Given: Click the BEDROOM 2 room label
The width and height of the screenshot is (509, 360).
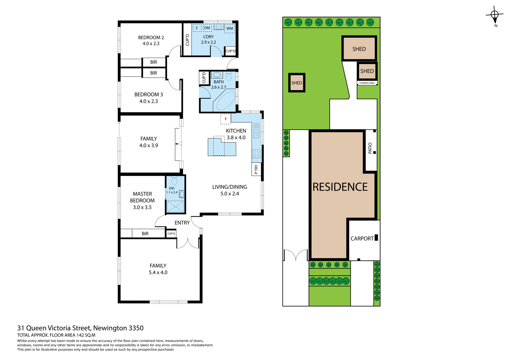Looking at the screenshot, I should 151,38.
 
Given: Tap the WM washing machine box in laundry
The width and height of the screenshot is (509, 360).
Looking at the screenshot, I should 230,28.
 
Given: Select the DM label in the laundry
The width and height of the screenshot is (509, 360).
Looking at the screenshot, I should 207,28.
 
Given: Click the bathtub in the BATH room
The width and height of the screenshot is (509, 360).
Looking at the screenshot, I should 225,101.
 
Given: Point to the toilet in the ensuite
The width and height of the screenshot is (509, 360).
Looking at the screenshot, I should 174,181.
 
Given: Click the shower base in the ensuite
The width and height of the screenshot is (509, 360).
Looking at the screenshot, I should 175,207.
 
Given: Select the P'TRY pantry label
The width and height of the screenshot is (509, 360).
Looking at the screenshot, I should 256,169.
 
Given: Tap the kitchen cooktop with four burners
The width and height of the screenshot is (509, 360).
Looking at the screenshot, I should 256,153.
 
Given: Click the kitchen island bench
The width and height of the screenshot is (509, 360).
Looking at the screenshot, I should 222,148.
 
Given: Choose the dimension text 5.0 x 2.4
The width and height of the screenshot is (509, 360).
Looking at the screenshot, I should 230,194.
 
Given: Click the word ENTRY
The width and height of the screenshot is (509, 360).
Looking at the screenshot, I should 182,223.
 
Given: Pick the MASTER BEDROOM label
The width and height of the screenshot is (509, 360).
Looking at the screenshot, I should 142,197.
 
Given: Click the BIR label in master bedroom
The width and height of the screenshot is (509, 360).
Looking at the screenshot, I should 145,234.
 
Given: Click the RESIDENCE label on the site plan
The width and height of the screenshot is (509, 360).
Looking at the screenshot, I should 340,187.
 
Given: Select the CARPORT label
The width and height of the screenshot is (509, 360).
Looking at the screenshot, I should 362,239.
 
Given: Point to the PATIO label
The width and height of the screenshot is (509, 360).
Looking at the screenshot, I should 370,148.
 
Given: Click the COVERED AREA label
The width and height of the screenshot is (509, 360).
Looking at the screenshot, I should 367,83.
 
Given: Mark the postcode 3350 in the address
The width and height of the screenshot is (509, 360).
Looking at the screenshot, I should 136,328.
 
